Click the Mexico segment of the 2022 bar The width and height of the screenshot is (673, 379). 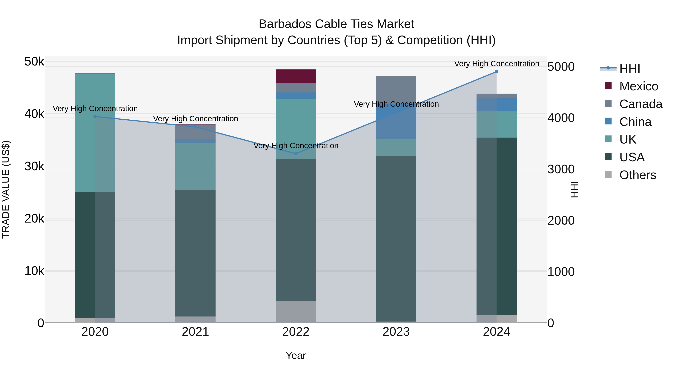point(296,76)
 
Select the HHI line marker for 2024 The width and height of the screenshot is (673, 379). point(496,72)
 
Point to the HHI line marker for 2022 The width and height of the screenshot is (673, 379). point(296,153)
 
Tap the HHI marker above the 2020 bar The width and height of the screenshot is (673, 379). point(95,117)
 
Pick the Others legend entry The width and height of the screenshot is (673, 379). point(637,175)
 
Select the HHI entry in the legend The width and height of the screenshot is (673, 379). point(629,69)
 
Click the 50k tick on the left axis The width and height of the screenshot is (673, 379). point(34,62)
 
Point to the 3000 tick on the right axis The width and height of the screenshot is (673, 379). point(561,169)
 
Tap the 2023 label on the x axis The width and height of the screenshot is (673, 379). point(396,332)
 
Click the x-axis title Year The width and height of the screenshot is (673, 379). point(296,355)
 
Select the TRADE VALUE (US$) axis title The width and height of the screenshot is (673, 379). point(6,189)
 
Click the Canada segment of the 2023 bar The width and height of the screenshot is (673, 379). point(396,89)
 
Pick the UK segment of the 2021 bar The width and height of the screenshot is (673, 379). point(195,166)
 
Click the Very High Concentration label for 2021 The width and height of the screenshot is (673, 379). point(195,119)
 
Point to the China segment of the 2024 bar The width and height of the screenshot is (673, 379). point(496,105)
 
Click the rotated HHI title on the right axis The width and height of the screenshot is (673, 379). point(574,189)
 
